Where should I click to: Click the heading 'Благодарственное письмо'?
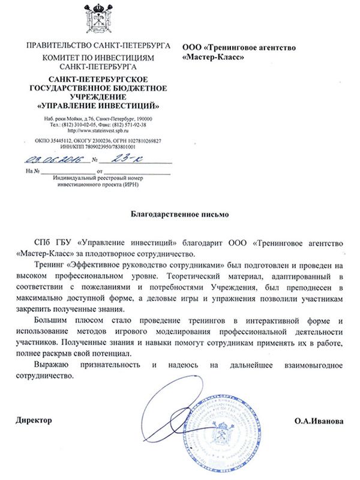179,213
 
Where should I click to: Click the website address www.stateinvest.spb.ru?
97,130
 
